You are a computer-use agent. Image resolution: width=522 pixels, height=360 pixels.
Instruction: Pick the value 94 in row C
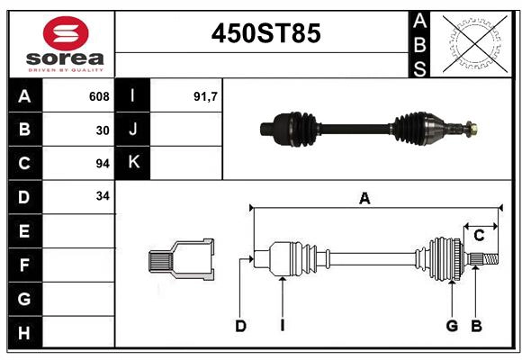102,164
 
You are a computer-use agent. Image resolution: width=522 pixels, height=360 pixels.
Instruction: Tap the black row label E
24,231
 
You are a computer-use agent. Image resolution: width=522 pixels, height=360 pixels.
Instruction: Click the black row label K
134,163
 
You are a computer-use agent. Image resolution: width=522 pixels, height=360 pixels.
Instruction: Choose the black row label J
134,130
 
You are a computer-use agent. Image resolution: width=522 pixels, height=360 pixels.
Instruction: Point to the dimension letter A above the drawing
364,199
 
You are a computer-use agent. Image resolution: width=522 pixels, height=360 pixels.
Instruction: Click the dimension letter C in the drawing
479,236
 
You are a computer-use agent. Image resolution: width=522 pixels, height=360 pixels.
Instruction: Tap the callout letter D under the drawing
240,326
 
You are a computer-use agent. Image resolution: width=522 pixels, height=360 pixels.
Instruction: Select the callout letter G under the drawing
452,326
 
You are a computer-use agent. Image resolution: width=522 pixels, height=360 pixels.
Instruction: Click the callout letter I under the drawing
282,326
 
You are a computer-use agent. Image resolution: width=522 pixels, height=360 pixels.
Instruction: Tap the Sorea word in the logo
65,58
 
